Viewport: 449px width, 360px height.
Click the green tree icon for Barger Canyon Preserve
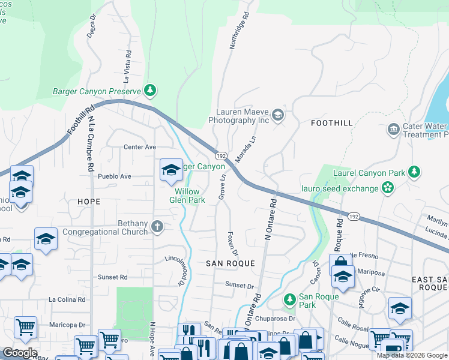point(150,91)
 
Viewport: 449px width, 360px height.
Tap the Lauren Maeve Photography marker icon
point(277,114)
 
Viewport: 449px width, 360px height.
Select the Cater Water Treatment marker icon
point(394,129)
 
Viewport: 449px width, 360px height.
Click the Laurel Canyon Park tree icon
point(414,172)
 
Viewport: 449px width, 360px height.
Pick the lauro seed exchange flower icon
point(388,188)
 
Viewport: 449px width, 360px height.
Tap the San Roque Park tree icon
point(290,298)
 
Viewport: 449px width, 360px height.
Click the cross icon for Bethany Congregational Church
point(157,227)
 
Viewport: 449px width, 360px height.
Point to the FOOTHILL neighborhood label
point(332,123)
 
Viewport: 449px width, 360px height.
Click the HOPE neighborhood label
point(89,202)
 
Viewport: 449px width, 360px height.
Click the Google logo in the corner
point(20,353)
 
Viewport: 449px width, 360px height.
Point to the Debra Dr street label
point(92,26)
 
